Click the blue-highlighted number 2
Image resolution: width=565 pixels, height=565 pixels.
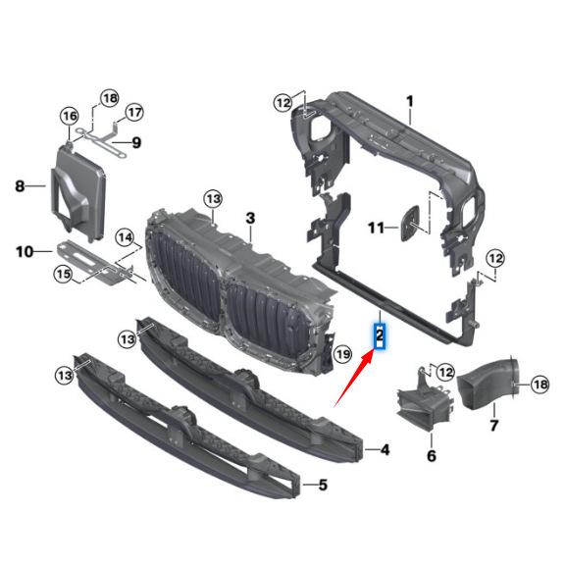(379, 336)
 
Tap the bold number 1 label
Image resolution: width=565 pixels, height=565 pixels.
(410, 101)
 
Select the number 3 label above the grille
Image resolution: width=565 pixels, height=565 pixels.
(250, 217)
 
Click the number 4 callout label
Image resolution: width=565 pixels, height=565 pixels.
(385, 450)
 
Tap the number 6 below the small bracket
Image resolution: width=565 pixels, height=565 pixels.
(431, 456)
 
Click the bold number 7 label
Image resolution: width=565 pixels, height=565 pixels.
(494, 425)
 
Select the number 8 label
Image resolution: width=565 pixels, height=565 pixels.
(19, 184)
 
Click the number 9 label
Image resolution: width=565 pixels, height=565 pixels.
(136, 142)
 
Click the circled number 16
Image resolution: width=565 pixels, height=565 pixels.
(70, 117)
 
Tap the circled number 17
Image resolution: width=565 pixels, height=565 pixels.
(134, 111)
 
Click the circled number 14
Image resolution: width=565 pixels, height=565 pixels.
(125, 236)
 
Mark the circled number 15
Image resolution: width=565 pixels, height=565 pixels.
(64, 275)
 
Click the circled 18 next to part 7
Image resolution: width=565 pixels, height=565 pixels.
(539, 385)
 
